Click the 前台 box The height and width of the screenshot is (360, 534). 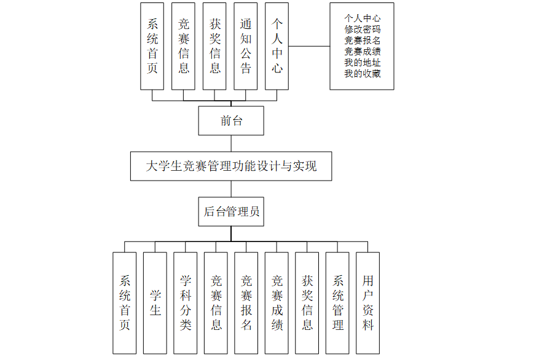(x=231, y=121)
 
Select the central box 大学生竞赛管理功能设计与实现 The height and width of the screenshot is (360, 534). (x=231, y=166)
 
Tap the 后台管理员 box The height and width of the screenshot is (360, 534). (x=231, y=212)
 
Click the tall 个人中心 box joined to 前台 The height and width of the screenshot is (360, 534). (x=277, y=46)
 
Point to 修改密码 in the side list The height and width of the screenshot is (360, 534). (x=363, y=29)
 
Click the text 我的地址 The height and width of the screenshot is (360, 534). (x=363, y=63)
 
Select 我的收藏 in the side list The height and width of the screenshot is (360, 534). (x=363, y=74)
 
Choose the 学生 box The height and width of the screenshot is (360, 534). (x=155, y=302)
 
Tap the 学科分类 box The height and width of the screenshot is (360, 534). (x=186, y=302)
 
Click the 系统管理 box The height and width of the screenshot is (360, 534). (x=337, y=302)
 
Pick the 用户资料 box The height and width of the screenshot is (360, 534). (x=367, y=302)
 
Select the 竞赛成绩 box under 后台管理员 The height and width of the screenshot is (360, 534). (x=277, y=302)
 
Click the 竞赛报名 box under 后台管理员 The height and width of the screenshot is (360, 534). (x=246, y=302)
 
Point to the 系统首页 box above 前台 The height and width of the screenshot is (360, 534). (x=152, y=46)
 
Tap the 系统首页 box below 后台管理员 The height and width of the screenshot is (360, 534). (x=125, y=302)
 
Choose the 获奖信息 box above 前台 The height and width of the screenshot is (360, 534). (x=215, y=46)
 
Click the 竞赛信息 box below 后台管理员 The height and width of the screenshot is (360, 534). (x=216, y=302)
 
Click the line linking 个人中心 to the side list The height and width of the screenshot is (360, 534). (x=309, y=46)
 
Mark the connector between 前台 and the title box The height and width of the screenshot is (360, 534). (x=231, y=143)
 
